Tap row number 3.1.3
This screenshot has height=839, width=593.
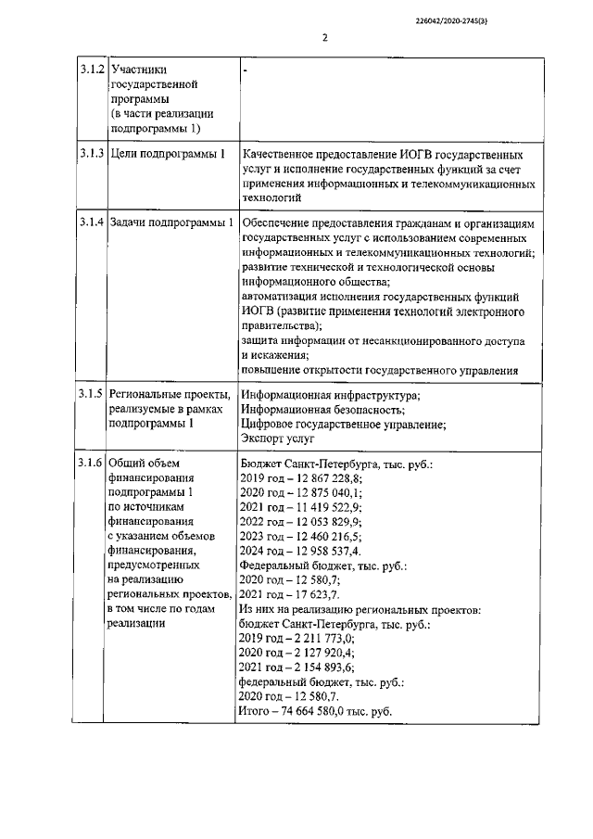[91, 154]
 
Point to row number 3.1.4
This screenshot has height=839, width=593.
[91, 223]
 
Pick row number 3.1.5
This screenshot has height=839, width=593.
[91, 395]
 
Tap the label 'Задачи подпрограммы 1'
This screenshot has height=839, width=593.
[171, 223]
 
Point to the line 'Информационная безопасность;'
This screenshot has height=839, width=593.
[322, 410]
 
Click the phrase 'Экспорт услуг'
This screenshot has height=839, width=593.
[277, 439]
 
